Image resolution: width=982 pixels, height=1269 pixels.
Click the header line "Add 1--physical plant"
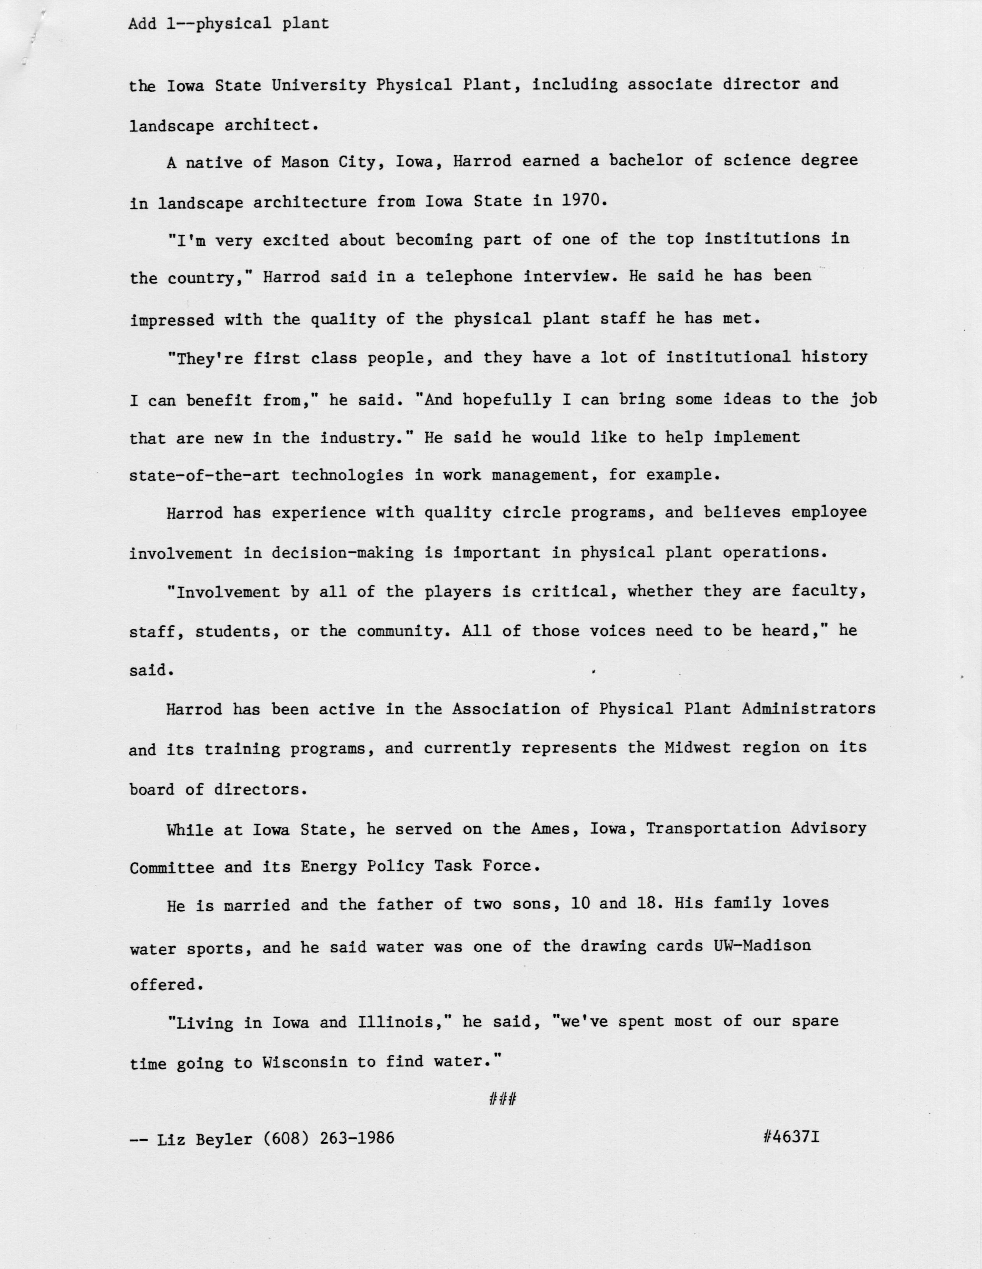click(228, 24)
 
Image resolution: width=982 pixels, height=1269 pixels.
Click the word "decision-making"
click(343, 553)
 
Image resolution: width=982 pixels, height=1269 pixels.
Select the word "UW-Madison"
click(762, 946)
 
